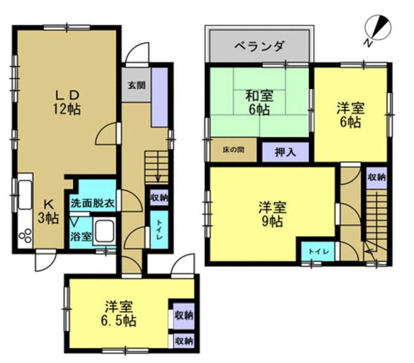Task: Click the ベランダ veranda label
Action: (x=259, y=47)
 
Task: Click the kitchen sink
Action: (x=25, y=194)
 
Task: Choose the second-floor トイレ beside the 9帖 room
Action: (x=318, y=252)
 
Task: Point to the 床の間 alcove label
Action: (x=233, y=149)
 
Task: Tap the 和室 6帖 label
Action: (x=259, y=103)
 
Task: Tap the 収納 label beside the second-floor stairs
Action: (x=376, y=177)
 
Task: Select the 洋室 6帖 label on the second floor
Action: (x=350, y=115)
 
